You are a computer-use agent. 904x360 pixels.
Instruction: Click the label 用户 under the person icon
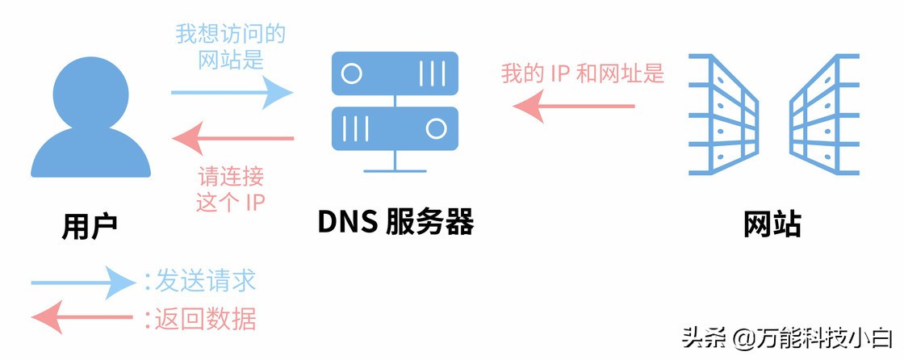[90, 226]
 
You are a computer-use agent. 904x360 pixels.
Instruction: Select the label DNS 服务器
[395, 223]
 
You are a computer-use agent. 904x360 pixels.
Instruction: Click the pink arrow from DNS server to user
[234, 140]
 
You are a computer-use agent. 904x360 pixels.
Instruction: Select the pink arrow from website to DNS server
[574, 106]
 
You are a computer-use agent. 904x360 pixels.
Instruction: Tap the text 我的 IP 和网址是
[582, 74]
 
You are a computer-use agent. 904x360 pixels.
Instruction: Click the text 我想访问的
[231, 35]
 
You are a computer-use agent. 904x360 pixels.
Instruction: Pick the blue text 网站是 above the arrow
[231, 60]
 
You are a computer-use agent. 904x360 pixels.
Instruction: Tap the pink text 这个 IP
[231, 201]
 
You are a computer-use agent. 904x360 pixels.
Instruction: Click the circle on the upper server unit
[351, 74]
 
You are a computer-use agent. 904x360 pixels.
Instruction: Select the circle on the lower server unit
[437, 128]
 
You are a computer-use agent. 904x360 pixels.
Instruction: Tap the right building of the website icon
[822, 114]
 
